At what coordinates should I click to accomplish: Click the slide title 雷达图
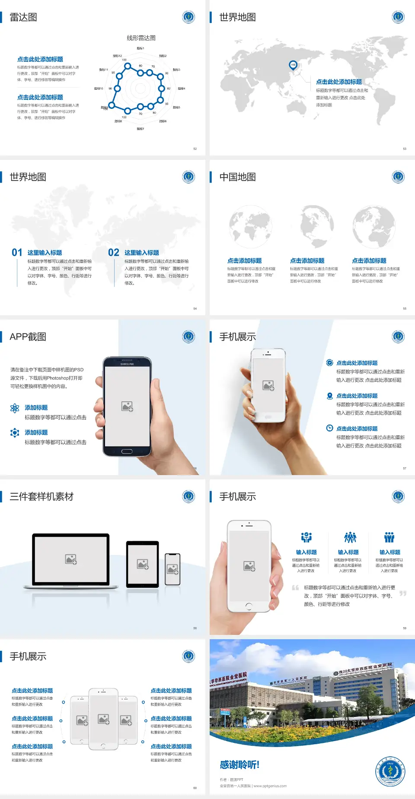click(23, 17)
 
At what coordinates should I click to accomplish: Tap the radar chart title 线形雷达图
click(141, 38)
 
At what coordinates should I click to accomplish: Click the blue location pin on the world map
click(293, 65)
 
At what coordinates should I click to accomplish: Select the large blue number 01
click(17, 253)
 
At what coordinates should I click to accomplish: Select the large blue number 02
click(114, 253)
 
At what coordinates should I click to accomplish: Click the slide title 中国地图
click(237, 177)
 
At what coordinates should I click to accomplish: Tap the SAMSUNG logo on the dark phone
click(127, 364)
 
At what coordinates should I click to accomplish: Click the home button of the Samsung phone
click(127, 451)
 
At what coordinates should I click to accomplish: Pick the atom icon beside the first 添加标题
click(15, 408)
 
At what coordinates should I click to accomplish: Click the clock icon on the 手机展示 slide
click(329, 428)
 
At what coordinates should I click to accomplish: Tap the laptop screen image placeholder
click(71, 559)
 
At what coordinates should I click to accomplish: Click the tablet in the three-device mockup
click(143, 564)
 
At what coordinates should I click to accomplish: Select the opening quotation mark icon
click(295, 587)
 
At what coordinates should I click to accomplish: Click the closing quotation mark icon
click(403, 593)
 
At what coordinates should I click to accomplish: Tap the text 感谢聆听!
click(239, 765)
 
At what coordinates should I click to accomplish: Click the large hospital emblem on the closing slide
click(390, 771)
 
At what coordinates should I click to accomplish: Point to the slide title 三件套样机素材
click(41, 497)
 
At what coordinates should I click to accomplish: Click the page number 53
click(405, 149)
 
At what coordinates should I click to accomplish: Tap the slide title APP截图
click(28, 337)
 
